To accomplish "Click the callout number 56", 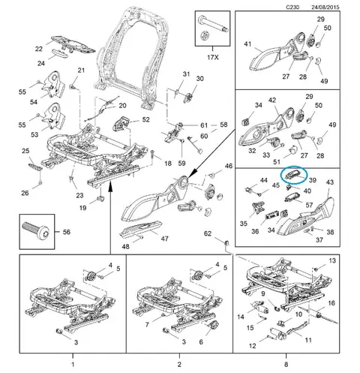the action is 66,232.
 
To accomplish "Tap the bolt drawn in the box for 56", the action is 37,230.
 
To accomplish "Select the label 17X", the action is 213,57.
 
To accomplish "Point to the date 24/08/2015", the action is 325,7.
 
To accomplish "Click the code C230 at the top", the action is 292,7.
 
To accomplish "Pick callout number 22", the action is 39,49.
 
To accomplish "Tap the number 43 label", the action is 330,182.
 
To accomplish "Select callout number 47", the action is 164,239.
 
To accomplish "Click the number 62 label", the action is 208,233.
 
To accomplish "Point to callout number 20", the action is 122,106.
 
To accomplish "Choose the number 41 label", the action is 247,44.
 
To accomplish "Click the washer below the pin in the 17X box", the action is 205,35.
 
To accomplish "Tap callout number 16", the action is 331,303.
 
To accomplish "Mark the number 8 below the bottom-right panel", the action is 286,364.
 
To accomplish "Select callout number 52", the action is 145,119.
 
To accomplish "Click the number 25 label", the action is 25,151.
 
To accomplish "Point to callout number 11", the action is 308,340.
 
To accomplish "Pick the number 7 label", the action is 147,325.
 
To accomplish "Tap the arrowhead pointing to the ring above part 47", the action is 190,175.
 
